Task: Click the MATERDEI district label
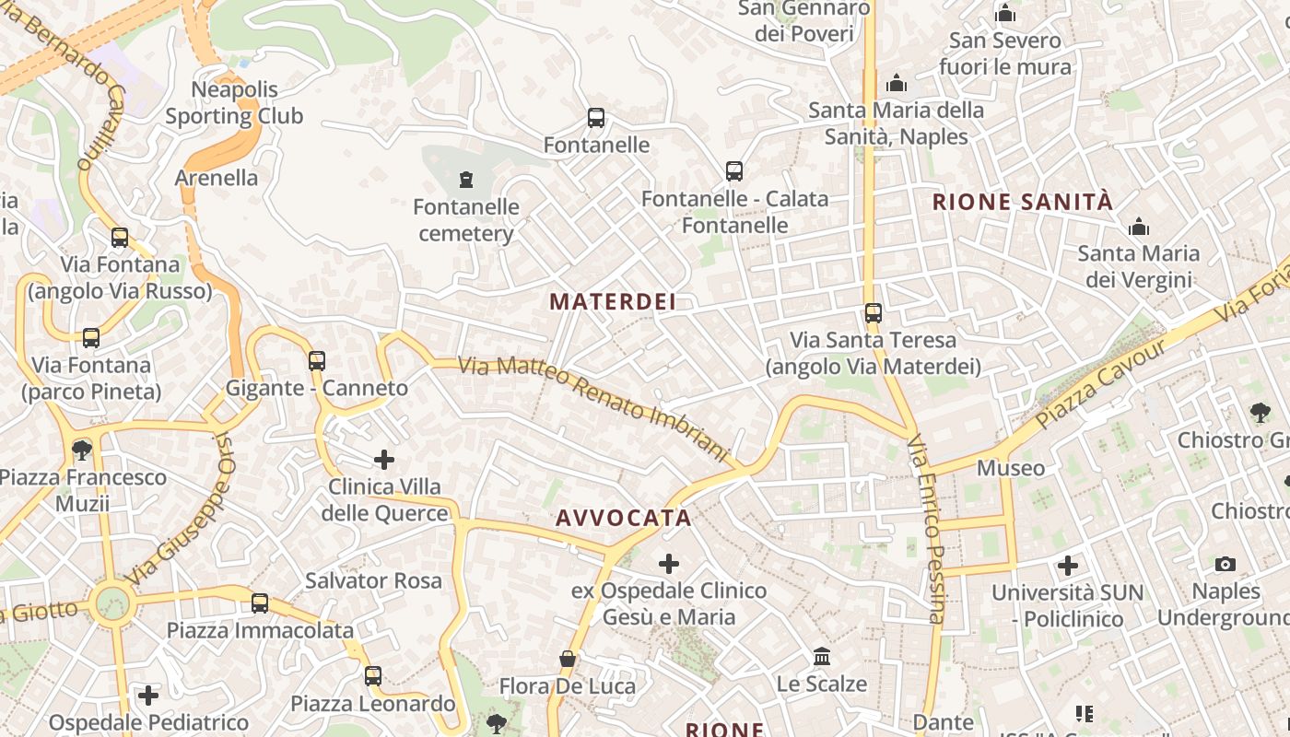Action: [x=613, y=301]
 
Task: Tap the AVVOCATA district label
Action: [x=623, y=518]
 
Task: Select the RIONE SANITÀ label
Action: [x=1023, y=202]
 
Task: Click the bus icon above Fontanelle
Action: [x=596, y=118]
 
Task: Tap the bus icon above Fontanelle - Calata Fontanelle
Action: [x=733, y=171]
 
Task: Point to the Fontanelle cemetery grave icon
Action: [x=465, y=179]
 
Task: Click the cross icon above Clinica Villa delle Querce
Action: [x=384, y=459]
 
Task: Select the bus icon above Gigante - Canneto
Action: [x=317, y=360]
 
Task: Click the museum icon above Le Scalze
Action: [x=822, y=657]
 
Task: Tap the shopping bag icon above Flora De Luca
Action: [x=568, y=659]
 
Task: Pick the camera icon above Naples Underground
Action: [x=1225, y=564]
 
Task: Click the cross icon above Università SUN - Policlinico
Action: [x=1068, y=565]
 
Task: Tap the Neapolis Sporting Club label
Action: [x=234, y=103]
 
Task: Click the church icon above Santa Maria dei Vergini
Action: [x=1139, y=227]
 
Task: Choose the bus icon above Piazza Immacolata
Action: [x=260, y=603]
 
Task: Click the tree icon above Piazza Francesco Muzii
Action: [x=82, y=450]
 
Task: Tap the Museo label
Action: [x=1011, y=468]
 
